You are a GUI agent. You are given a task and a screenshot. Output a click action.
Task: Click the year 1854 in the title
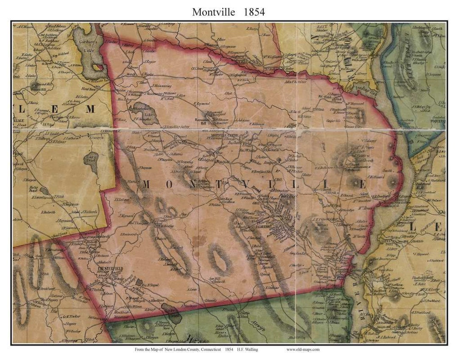tap(254, 12)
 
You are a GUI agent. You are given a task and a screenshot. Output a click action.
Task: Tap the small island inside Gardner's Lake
tap(98, 67)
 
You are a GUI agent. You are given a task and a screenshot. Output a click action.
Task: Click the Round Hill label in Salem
tap(38, 89)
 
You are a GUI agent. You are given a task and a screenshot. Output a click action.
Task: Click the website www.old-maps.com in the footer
tap(303, 350)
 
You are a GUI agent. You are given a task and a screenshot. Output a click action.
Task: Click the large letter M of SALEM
tap(90, 109)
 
